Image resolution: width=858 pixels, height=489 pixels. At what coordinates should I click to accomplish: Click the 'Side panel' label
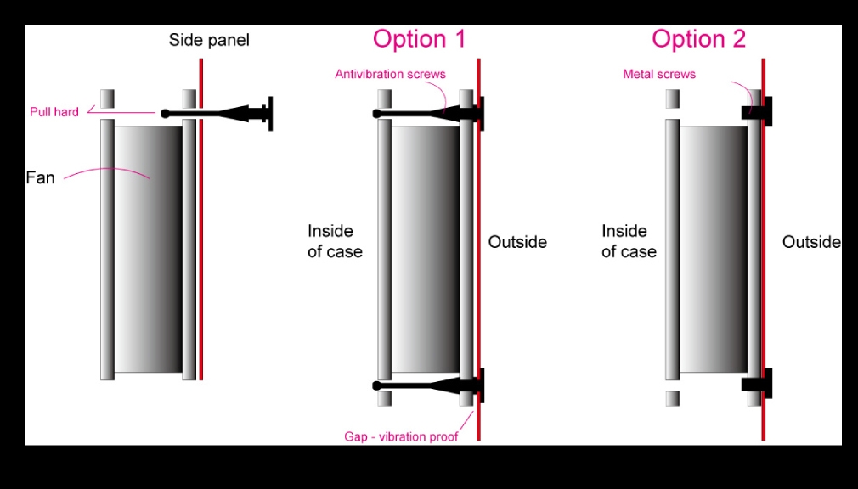coord(208,40)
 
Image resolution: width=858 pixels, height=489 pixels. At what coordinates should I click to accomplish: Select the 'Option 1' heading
coord(419,39)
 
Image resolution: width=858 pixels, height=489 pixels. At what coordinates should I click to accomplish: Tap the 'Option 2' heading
coord(698,39)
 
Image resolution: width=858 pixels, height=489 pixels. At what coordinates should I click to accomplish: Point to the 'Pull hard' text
coord(54,111)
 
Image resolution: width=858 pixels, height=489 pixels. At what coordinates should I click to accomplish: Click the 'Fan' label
coord(40,177)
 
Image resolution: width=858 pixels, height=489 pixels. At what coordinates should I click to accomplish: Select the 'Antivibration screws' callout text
coord(390,74)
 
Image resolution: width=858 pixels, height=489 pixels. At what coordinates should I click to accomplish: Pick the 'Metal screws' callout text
coord(659,74)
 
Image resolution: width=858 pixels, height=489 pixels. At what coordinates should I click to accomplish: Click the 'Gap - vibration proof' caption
coord(401,436)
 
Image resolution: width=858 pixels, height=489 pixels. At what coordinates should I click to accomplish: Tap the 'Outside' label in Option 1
coord(517,242)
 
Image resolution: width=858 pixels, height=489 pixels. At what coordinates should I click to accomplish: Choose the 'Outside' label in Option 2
coord(811,242)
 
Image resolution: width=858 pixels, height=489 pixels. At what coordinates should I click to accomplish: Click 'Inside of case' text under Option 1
coord(335,241)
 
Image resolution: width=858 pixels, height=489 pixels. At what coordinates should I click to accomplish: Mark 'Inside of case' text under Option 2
coord(629,241)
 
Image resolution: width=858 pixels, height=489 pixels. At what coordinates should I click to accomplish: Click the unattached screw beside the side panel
coord(217,114)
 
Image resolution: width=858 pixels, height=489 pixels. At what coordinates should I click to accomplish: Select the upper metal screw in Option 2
coord(757,111)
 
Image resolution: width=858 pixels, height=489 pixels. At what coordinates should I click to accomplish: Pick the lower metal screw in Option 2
coord(757,384)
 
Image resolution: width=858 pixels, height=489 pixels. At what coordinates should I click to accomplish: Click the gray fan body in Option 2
coord(713,249)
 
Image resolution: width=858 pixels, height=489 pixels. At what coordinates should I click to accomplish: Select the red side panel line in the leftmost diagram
coord(200,219)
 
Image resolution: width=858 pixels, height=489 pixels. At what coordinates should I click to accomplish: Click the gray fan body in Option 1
coord(426,249)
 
